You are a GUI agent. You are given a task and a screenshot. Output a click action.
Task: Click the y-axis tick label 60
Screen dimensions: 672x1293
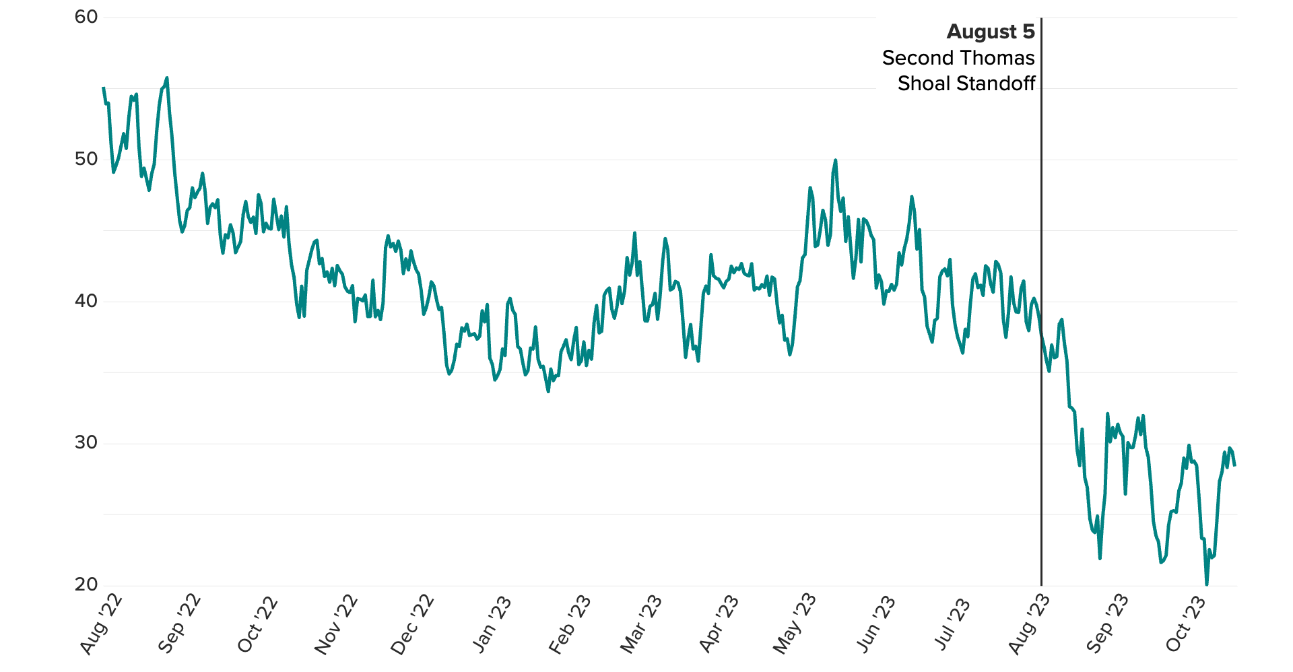point(86,17)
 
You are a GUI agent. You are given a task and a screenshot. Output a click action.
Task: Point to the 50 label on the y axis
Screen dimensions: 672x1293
point(86,159)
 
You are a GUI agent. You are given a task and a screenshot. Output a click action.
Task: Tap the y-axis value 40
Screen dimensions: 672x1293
point(86,301)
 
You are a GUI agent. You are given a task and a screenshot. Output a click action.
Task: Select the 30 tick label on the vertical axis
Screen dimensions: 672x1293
point(86,442)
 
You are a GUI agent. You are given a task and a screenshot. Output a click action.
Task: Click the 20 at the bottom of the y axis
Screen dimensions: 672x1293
point(86,584)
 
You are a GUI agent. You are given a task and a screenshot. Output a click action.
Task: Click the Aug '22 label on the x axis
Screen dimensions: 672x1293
point(101,625)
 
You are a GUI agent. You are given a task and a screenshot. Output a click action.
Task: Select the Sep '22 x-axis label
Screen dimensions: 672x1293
point(179,624)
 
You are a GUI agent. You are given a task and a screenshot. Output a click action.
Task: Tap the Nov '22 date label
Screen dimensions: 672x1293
point(335,625)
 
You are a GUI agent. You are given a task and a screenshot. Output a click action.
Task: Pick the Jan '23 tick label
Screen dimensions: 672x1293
point(492,625)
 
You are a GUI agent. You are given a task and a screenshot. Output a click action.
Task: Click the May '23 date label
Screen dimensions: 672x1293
point(794,625)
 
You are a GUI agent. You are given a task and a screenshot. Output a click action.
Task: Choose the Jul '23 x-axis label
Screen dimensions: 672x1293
point(952,624)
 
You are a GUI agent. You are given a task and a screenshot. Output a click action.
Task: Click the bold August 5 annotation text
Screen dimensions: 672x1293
point(990,32)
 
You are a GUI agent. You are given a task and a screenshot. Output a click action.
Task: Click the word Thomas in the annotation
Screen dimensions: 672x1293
point(1001,58)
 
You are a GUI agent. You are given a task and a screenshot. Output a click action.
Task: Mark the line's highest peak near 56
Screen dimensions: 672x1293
point(167,78)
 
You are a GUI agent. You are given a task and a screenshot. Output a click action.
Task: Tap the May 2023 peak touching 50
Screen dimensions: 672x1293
point(835,160)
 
